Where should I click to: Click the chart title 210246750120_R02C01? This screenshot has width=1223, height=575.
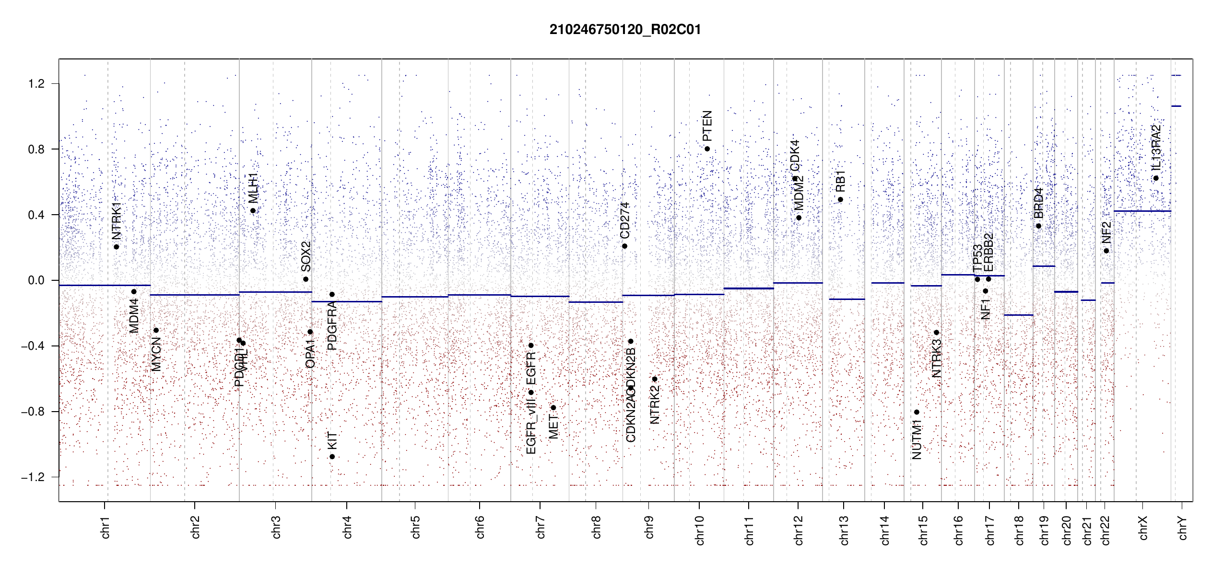point(625,30)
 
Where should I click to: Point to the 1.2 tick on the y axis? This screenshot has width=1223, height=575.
point(36,84)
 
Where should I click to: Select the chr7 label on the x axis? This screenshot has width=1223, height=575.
point(541,527)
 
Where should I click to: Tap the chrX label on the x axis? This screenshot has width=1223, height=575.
point(1143,528)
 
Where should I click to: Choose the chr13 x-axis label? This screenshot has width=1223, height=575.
point(844,530)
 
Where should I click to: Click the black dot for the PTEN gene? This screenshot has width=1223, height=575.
point(707,149)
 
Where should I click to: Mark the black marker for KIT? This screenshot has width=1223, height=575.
point(332,457)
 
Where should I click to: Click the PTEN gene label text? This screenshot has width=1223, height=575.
point(707,126)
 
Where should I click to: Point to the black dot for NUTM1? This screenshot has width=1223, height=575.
point(917,412)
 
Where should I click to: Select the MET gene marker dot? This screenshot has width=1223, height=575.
point(553,408)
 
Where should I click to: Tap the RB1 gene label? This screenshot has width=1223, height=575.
point(840,181)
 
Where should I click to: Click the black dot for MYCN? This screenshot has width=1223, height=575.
point(156,330)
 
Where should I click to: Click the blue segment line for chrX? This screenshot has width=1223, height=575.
point(1142,211)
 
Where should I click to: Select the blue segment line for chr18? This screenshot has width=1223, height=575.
point(1018,315)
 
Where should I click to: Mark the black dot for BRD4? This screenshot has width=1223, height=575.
point(1038,226)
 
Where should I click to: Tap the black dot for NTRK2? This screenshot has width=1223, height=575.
point(654,379)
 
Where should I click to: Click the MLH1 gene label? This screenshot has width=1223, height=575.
point(253,188)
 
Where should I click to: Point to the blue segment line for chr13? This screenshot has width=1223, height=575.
point(847,299)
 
